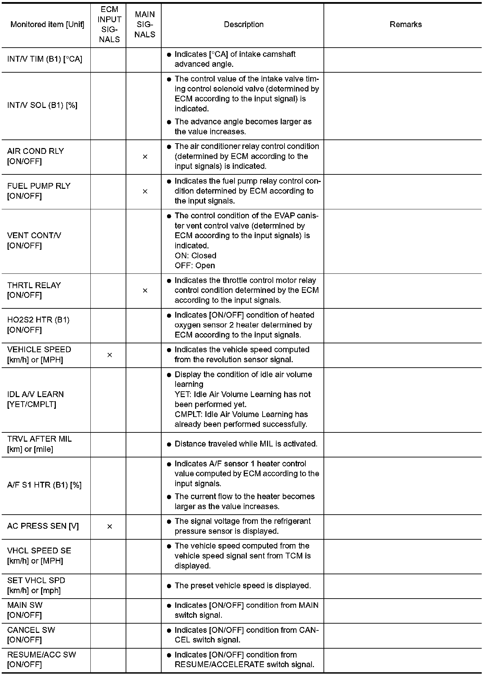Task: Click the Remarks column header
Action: tap(405, 24)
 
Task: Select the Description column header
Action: tap(243, 24)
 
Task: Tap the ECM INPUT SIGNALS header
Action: tap(109, 24)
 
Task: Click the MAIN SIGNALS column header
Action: tap(145, 24)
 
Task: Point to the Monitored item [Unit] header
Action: tap(47, 24)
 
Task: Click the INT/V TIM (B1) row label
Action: tap(45, 59)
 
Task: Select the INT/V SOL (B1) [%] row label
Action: tap(42, 105)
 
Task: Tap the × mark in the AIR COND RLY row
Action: tap(145, 157)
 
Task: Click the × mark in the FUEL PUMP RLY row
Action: tap(145, 191)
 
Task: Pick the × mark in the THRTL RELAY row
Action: tap(145, 291)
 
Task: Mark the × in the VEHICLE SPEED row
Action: tap(110, 355)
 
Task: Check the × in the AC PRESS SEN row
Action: tap(110, 526)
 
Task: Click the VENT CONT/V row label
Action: tap(34, 241)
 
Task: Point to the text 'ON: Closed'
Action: tap(195, 256)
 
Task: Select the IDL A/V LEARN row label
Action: tap(35, 399)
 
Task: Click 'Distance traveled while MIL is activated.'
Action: tap(246, 444)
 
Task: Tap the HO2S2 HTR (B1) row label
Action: tap(38, 325)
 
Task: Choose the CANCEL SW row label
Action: tap(31, 635)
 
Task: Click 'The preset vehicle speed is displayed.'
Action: tap(242, 586)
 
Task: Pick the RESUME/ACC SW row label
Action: tap(41, 660)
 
